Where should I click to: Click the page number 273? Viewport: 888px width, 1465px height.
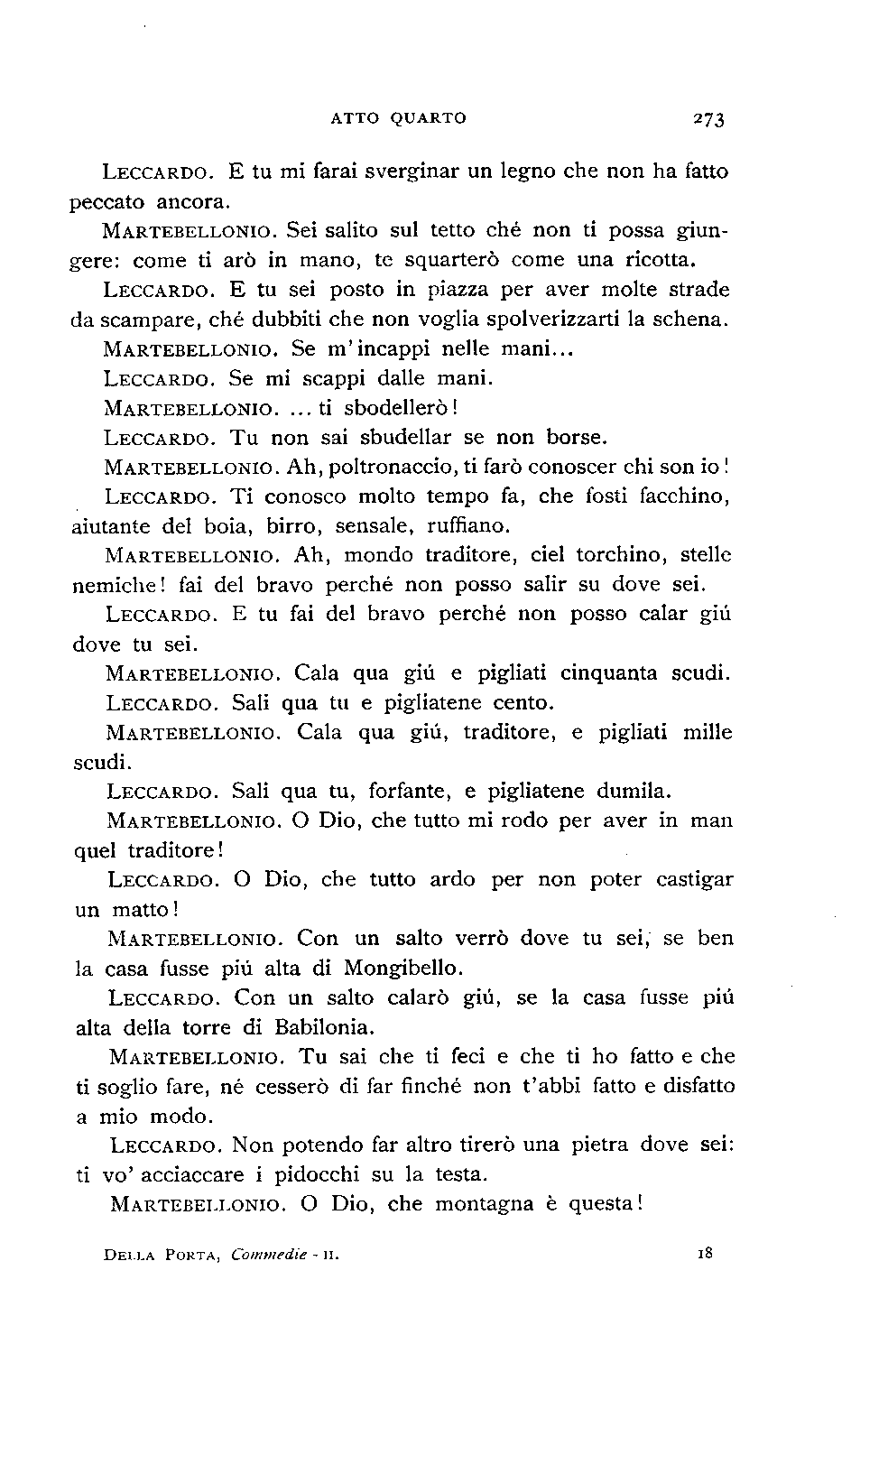pos(709,119)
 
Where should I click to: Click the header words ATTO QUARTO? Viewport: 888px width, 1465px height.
pos(398,117)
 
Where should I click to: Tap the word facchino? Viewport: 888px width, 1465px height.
pos(685,496)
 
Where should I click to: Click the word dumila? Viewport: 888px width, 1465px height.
pos(634,792)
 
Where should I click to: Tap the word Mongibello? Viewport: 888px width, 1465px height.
pos(403,969)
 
